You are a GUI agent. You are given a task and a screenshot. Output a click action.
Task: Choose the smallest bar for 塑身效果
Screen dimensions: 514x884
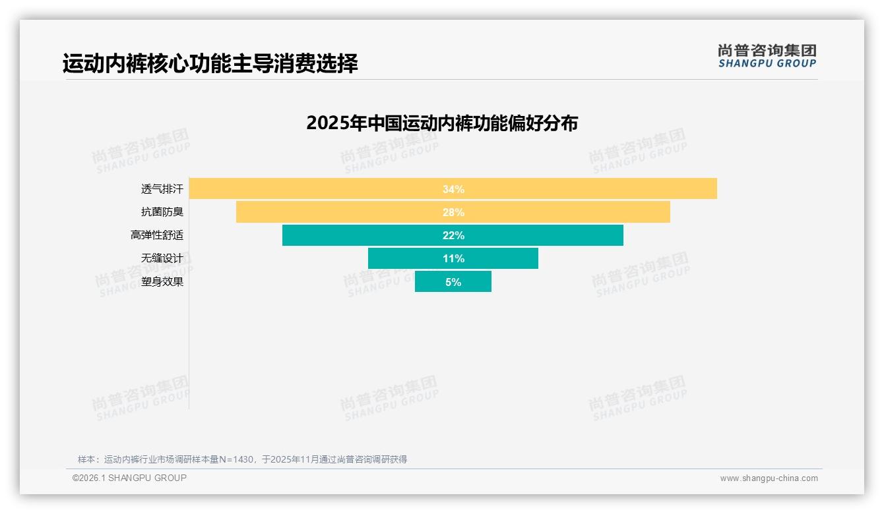tap(429, 281)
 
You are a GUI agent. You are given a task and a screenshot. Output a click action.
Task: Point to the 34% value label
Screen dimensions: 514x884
tap(453, 189)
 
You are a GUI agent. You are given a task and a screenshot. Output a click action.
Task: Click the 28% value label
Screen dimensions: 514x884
tap(453, 212)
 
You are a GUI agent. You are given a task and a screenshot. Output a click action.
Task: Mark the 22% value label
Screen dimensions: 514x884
tap(453, 235)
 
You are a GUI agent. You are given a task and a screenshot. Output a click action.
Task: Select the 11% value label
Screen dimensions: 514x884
tap(453, 258)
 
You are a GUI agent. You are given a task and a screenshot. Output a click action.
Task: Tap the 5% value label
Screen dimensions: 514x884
tap(453, 282)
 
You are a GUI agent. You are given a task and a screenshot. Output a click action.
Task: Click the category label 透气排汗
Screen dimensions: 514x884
tap(162, 189)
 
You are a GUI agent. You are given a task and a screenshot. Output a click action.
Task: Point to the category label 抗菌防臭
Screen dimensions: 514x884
tap(162, 212)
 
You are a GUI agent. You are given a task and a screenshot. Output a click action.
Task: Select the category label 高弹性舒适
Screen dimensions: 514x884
tap(156, 235)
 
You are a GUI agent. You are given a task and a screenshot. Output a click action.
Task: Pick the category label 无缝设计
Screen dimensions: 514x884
tap(162, 258)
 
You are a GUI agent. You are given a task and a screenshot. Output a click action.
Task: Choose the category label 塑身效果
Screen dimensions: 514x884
tap(162, 282)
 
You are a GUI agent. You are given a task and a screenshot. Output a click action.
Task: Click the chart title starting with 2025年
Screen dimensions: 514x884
tap(442, 123)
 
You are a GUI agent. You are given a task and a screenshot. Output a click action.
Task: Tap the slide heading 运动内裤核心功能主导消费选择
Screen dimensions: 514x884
tap(210, 64)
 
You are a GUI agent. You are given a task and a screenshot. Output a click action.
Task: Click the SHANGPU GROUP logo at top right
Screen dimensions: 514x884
tap(767, 56)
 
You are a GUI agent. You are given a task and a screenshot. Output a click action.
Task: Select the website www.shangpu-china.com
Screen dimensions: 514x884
tap(769, 478)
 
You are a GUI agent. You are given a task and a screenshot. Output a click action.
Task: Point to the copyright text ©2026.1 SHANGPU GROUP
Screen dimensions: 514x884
tap(129, 478)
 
